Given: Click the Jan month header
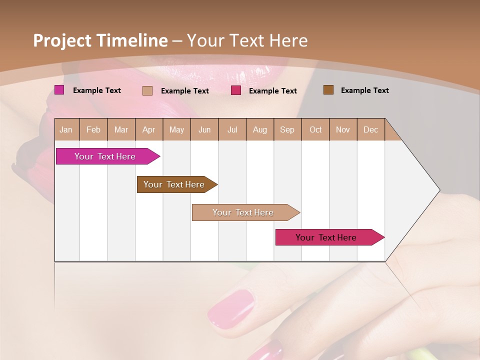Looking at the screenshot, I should pyautogui.click(x=66, y=129).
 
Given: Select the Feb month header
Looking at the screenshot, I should pyautogui.click(x=93, y=129).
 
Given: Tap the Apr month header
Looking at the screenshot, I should pyautogui.click(x=149, y=129).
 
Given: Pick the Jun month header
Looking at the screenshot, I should pyautogui.click(x=204, y=129).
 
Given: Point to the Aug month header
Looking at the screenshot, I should pyautogui.click(x=260, y=129).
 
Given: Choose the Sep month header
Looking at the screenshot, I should pyautogui.click(x=287, y=129).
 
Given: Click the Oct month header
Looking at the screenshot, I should pyautogui.click(x=315, y=129).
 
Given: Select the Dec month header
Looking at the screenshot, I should pyautogui.click(x=371, y=129).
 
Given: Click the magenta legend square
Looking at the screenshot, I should pyautogui.click(x=59, y=90).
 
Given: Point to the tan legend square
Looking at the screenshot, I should pyautogui.click(x=147, y=90).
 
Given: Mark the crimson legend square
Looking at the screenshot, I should pyautogui.click(x=236, y=90).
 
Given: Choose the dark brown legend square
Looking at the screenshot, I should pyautogui.click(x=328, y=90).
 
